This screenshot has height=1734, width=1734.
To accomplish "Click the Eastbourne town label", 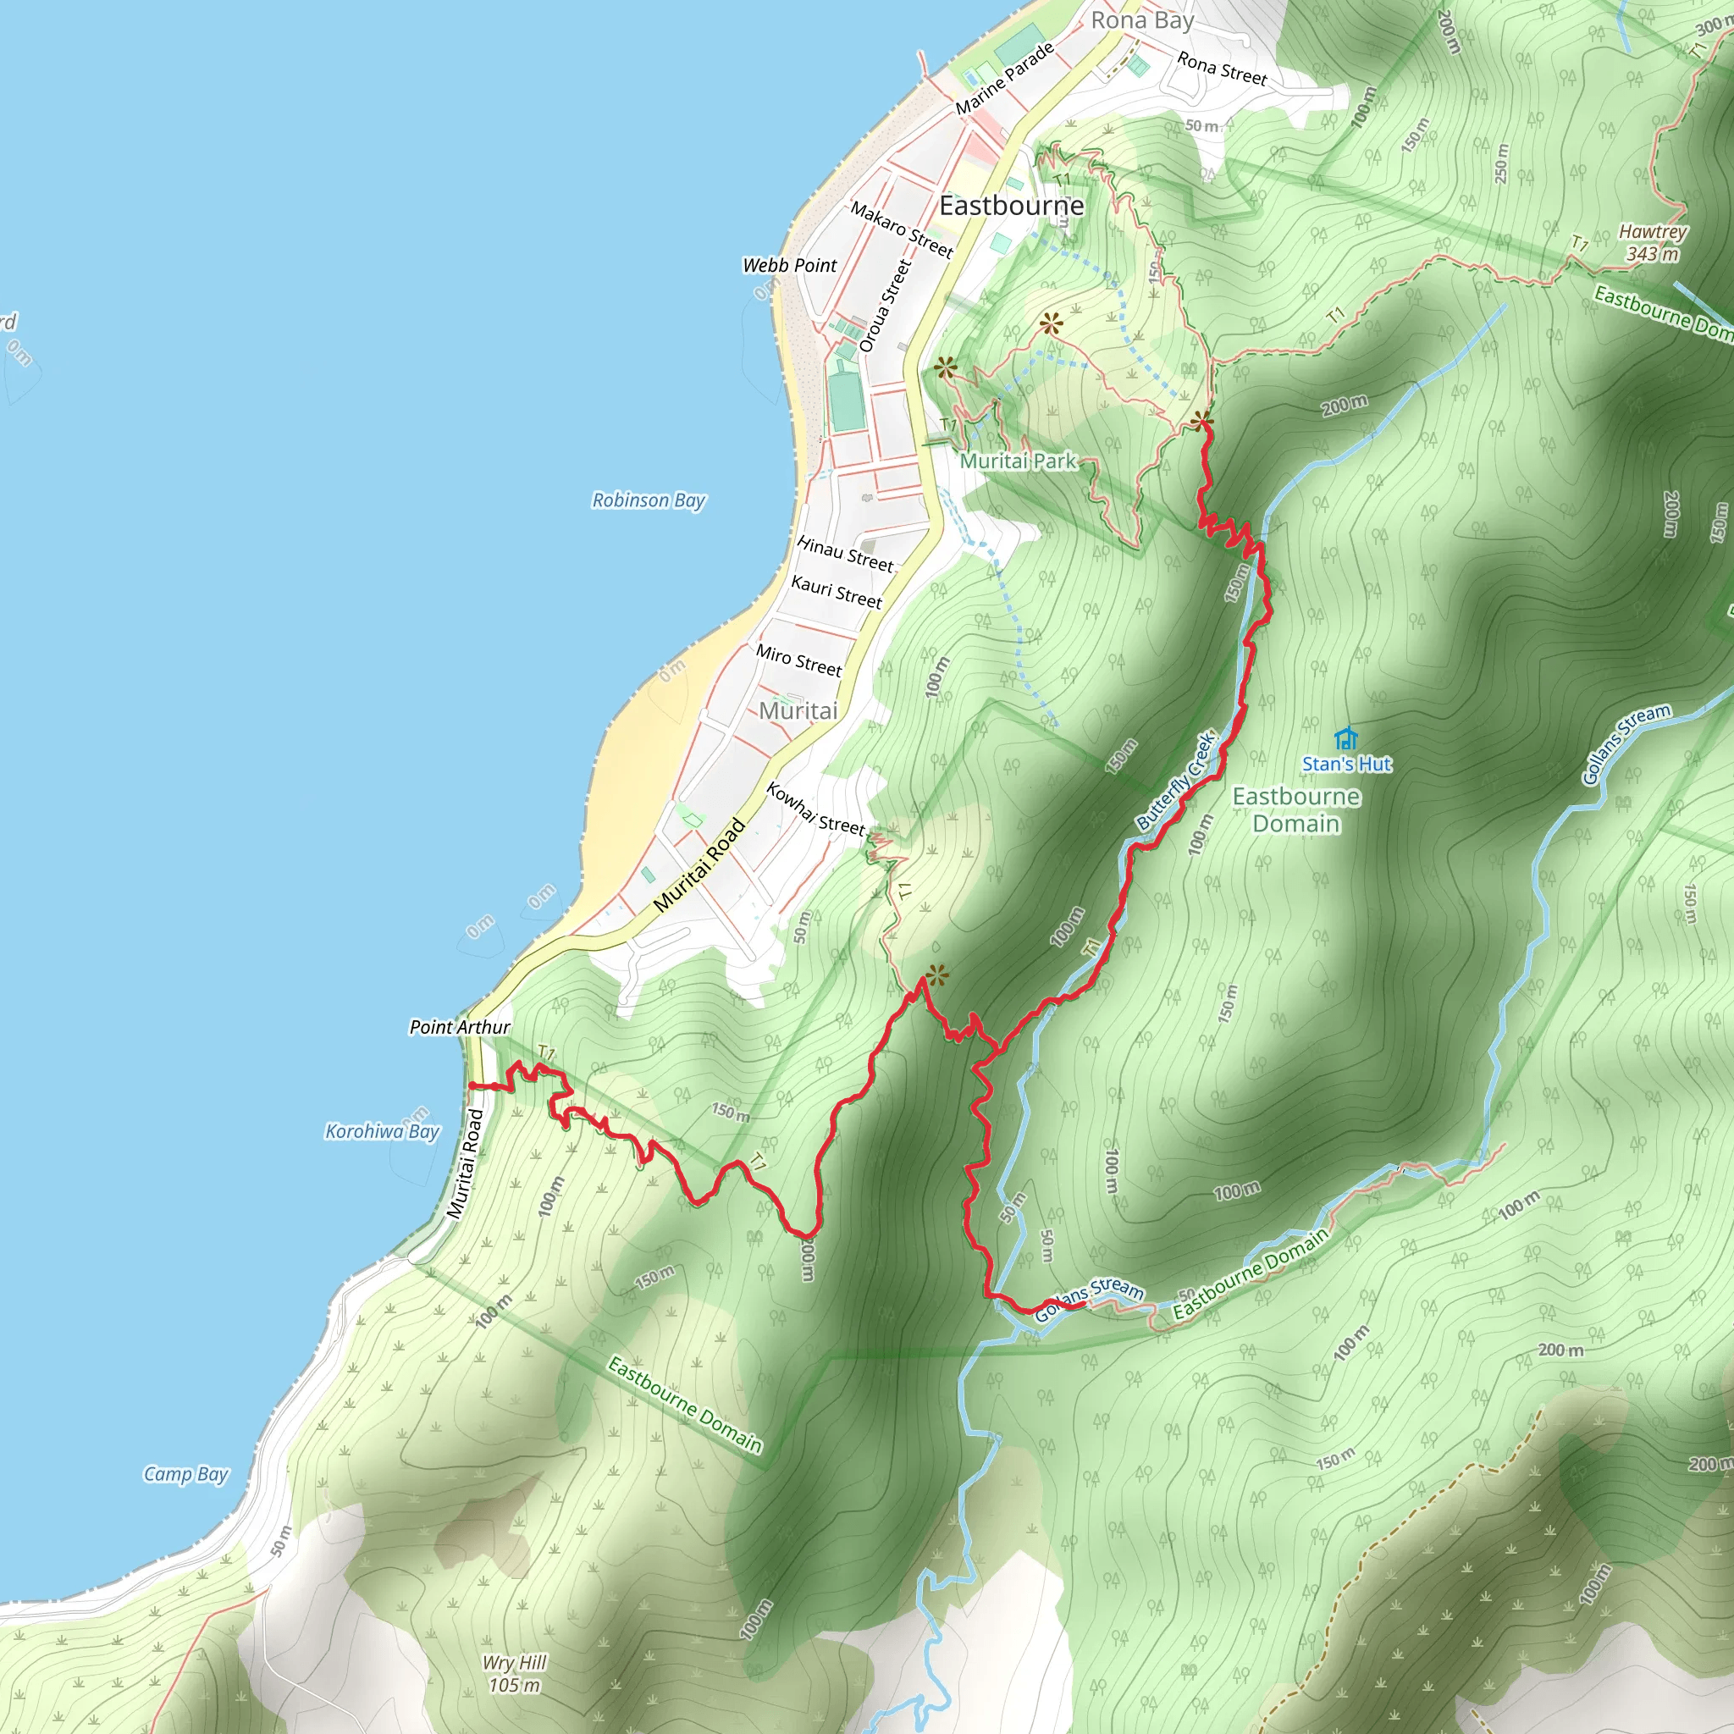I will coord(1012,206).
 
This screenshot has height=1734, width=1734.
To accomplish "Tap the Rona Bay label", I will coord(1141,19).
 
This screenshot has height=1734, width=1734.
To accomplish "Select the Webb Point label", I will coord(789,265).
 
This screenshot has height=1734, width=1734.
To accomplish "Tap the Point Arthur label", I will coord(460,1027).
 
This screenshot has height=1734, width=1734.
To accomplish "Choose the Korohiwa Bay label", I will coord(383,1131).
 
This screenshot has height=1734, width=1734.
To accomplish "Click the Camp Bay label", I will coord(185,1474).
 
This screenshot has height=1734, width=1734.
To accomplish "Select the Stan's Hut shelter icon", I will coord(1345,738).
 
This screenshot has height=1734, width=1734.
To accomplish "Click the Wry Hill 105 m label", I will coord(514,1673).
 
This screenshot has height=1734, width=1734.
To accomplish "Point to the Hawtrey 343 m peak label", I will coord(1653,243).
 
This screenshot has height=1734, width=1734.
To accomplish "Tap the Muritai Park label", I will coord(1018,461).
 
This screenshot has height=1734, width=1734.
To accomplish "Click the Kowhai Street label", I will coord(815,808).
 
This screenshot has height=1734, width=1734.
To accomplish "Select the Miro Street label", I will coord(798,660).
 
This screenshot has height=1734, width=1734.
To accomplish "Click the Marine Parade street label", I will coord(1004,79).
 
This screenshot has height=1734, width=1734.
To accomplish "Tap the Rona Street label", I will coord(1222,69).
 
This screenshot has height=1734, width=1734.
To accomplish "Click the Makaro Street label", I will coord(901,229).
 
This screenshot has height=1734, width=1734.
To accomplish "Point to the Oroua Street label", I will coord(885,306).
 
